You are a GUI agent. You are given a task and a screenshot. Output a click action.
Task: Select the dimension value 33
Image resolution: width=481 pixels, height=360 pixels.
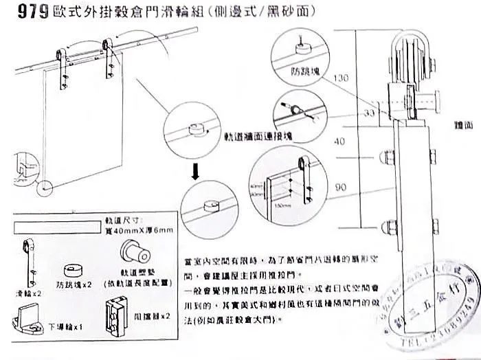coord(369,112)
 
